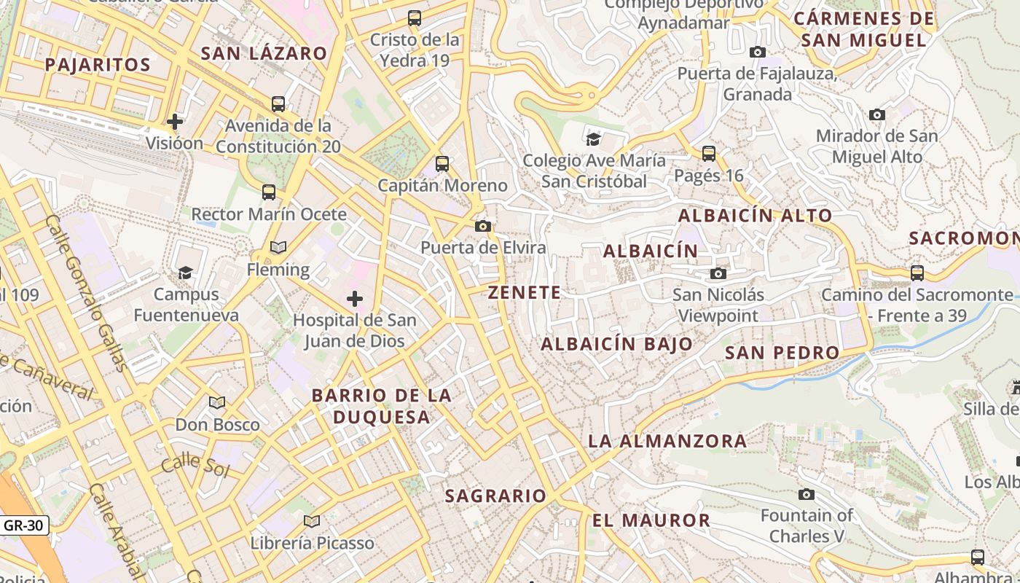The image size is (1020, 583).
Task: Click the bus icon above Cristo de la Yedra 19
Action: point(415,18)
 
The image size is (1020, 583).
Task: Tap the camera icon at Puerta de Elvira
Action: point(482,227)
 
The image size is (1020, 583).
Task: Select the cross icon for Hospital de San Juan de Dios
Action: point(355,299)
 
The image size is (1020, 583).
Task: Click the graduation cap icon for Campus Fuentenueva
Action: point(186,273)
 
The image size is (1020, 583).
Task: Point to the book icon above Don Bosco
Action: point(217,403)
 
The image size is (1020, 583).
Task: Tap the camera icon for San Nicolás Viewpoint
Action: point(718,274)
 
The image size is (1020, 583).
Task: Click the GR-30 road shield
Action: point(24,525)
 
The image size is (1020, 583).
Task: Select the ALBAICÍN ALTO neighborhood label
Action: point(755,216)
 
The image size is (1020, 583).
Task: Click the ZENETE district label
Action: point(525,293)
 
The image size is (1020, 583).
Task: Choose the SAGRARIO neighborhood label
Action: point(495,496)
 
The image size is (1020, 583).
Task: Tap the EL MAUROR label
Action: point(651,520)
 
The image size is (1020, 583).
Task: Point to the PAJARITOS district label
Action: point(98,65)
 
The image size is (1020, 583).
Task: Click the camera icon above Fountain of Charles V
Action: point(807,495)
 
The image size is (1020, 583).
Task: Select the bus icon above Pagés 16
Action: point(709,154)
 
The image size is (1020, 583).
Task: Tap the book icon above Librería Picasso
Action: point(312,522)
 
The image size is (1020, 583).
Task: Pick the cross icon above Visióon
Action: point(175,121)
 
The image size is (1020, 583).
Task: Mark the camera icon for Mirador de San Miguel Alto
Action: point(877,115)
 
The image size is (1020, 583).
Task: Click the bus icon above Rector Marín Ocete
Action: point(269,192)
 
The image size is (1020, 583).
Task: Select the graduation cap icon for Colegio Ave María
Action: point(594,138)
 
